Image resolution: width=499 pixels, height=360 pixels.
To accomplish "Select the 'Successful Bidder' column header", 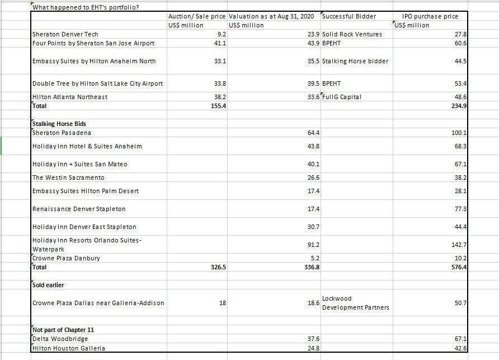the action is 350,16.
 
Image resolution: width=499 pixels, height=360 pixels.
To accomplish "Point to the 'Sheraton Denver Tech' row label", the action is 65,34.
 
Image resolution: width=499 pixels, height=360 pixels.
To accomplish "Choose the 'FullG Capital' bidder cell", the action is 342,97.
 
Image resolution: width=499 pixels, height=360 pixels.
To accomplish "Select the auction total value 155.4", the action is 216,106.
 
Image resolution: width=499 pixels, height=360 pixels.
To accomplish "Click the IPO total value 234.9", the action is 459,106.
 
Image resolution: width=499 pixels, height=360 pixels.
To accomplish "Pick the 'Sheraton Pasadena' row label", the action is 62,133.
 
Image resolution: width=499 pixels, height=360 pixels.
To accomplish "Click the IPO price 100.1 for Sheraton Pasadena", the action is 459,133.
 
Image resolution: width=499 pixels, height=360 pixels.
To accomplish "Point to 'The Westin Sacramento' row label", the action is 68,177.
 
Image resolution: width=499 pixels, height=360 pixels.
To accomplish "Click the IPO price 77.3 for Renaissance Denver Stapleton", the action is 460,209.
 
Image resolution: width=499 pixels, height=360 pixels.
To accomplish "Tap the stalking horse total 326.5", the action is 216,267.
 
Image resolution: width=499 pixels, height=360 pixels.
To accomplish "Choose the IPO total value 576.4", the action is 459,267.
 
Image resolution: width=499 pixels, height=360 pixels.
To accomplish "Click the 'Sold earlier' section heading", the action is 48,285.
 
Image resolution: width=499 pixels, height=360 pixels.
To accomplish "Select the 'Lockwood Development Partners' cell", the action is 356,303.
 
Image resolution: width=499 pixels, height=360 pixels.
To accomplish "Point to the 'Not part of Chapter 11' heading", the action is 63,330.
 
